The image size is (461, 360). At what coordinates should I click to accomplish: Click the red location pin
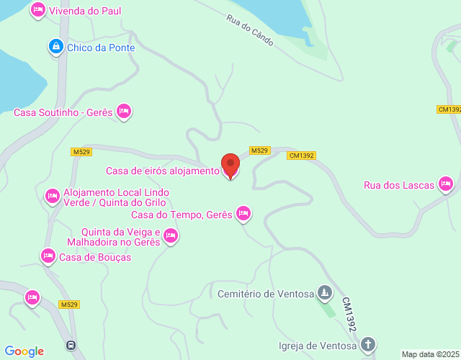(x=230, y=166)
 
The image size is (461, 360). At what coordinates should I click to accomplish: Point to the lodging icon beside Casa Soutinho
(x=124, y=111)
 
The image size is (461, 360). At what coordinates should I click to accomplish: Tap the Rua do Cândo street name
(x=251, y=31)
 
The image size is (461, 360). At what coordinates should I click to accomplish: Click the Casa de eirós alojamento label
(x=162, y=171)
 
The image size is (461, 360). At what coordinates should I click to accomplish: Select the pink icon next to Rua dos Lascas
(x=447, y=185)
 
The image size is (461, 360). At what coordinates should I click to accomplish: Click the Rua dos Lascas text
(x=399, y=186)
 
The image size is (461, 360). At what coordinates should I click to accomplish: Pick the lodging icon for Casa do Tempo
(x=244, y=213)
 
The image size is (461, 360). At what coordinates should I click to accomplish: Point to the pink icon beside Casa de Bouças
(x=48, y=256)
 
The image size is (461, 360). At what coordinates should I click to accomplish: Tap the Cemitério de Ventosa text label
(x=266, y=294)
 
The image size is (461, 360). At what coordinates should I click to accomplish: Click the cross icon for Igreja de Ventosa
(x=368, y=345)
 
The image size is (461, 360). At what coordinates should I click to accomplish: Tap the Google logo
(x=24, y=351)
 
